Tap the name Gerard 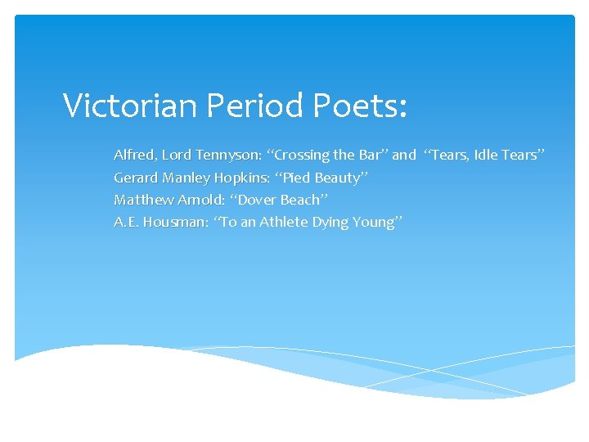tap(136, 178)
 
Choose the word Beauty tap(337, 178)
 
